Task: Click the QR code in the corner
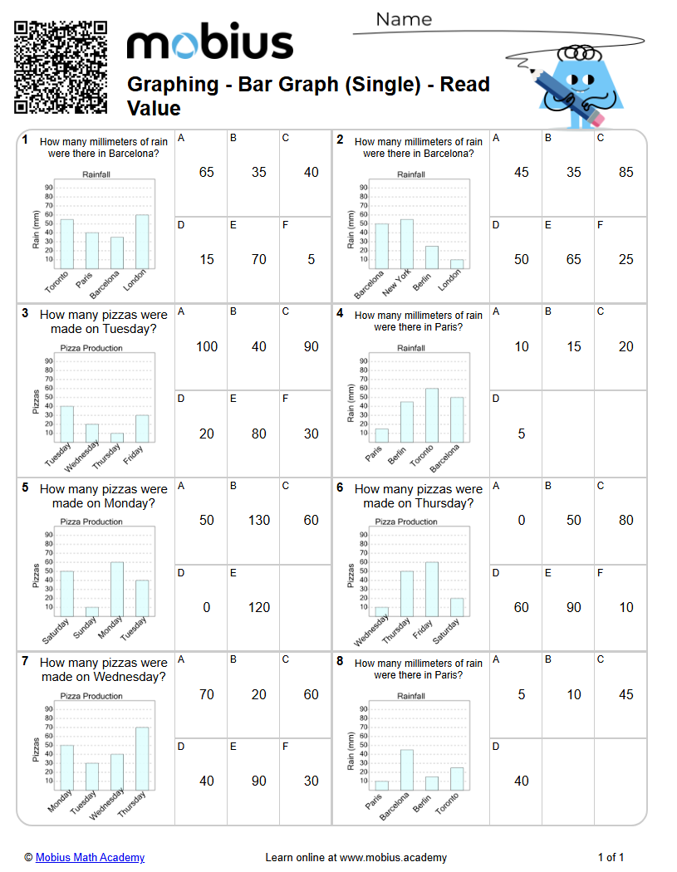[x=61, y=66]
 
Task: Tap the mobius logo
[x=209, y=43]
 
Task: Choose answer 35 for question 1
[x=259, y=173]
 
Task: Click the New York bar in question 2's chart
[x=407, y=244]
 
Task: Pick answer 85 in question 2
[x=626, y=173]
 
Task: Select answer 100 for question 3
[x=207, y=347]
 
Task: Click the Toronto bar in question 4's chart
[x=432, y=415]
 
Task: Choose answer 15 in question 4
[x=574, y=347]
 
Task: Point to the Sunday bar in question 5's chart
[x=92, y=611]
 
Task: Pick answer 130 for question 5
[x=259, y=521]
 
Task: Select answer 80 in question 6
[x=626, y=521]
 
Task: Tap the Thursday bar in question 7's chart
[x=142, y=758]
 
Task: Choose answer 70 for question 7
[x=207, y=695]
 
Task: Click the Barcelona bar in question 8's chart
[x=407, y=770]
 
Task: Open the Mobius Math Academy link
[x=90, y=858]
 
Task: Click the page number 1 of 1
[x=611, y=858]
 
